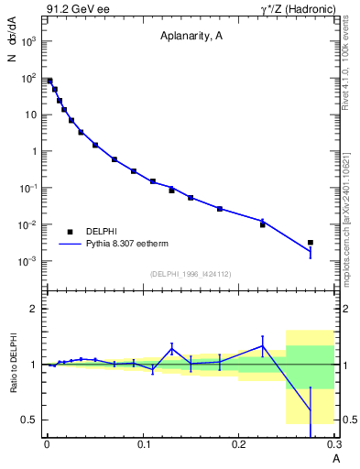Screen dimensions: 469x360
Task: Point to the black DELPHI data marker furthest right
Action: tap(311, 243)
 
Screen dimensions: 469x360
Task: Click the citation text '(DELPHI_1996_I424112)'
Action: tap(191, 273)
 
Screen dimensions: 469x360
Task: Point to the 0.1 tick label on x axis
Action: tap(142, 446)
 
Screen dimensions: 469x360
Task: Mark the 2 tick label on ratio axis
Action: tap(34, 309)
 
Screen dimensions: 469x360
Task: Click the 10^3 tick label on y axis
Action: tap(27, 42)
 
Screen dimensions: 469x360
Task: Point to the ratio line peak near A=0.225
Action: tap(262, 345)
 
